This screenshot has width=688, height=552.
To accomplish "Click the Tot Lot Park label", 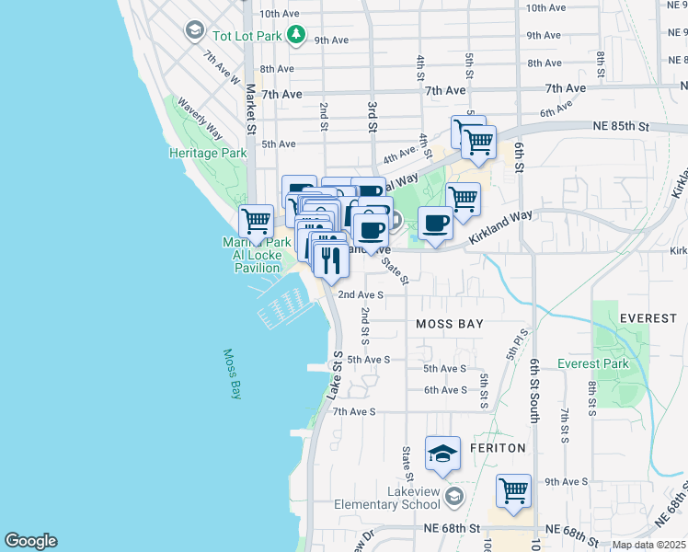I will (246, 35).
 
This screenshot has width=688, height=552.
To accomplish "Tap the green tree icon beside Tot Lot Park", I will (295, 35).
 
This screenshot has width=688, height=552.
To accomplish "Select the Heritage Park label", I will (207, 153).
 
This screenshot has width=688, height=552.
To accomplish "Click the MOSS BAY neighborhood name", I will (449, 325).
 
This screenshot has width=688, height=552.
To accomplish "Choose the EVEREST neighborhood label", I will (648, 318).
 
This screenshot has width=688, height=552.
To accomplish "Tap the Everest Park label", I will (593, 363).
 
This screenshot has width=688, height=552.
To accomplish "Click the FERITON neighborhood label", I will (498, 448).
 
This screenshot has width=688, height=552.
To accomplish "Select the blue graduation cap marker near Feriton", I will (442, 454).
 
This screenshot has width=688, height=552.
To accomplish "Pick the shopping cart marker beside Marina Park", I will (256, 221).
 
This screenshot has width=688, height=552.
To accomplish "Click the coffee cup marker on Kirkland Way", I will (435, 223).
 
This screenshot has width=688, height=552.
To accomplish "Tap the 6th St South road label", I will (533, 392).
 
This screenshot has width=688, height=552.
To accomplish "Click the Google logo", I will (30, 541).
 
